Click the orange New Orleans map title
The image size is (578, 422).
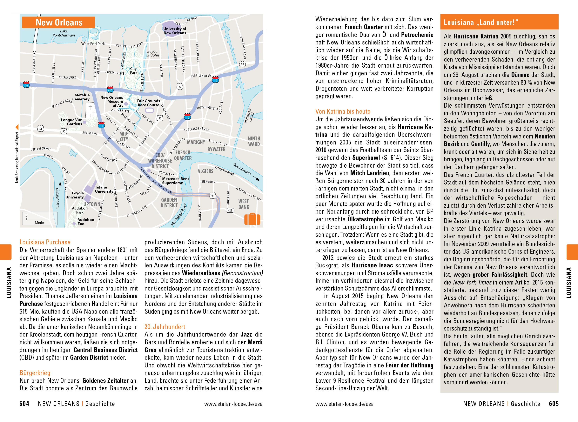pyautogui.click(x=59, y=23)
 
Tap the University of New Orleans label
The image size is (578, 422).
pyautogui.click(x=175, y=31)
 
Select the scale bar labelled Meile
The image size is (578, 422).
pyautogui.click(x=39, y=219)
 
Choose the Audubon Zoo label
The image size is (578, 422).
pyautogui.click(x=86, y=221)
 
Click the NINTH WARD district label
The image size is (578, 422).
pyautogui.click(x=254, y=141)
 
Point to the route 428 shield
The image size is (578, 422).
pyautogui.click(x=230, y=210)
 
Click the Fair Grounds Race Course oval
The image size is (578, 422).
pyautogui.click(x=149, y=110)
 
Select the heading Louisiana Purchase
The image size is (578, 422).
pyautogui.click(x=45, y=242)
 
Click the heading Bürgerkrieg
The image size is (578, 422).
pyautogui.click(x=35, y=373)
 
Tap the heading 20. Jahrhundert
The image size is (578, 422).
pyautogui.click(x=165, y=327)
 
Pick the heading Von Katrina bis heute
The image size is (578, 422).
pyautogui.click(x=343, y=111)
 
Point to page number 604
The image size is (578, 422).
pyautogui.click(x=24, y=404)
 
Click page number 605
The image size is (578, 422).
pyautogui.click(x=554, y=404)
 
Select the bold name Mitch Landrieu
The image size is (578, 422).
pyautogui.click(x=370, y=173)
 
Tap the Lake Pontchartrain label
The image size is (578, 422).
pyautogui.click(x=64, y=33)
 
